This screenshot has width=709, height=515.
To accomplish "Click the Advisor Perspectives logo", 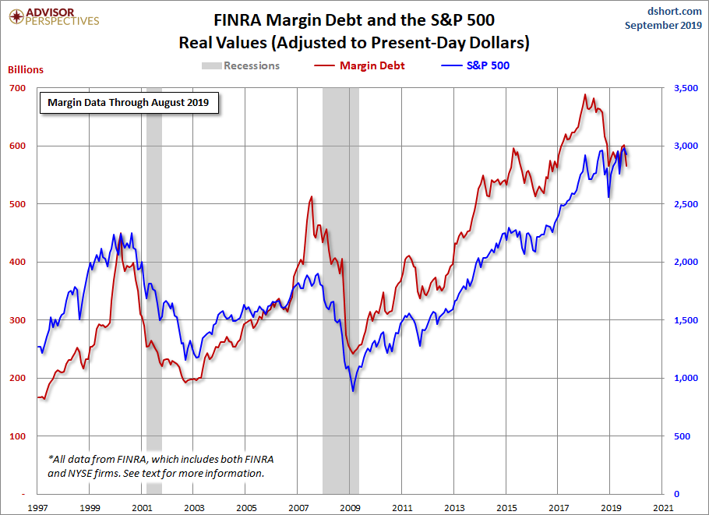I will [53, 16].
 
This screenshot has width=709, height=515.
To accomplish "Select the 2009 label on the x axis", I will [350, 507].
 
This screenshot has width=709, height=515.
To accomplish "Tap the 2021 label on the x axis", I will [663, 507].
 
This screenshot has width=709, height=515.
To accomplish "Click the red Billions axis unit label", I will [26, 69].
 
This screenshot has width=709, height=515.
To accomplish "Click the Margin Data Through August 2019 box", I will [129, 102].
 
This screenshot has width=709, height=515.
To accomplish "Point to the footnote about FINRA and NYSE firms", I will [164, 466].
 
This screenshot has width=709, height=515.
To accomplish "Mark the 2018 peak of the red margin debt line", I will [585, 95].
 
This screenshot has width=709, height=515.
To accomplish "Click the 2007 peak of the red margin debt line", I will [311, 197].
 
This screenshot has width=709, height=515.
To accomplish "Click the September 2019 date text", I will [664, 26].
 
